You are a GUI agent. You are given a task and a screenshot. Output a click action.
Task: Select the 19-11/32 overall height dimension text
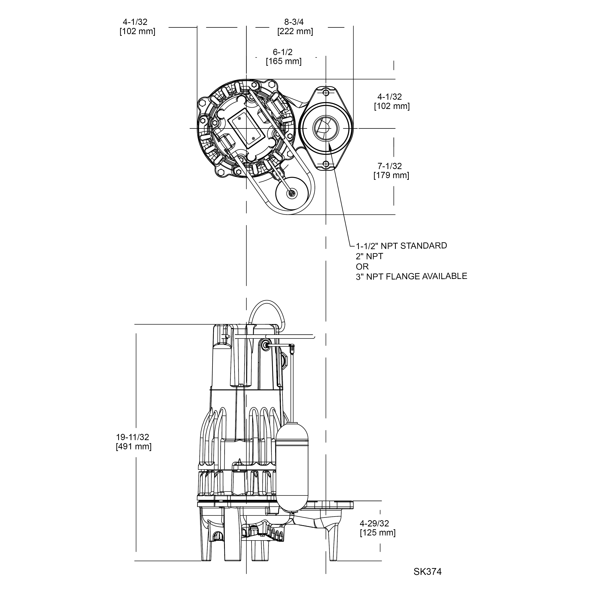click(x=133, y=437)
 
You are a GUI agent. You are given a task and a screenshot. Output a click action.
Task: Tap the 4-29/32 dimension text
click(x=374, y=523)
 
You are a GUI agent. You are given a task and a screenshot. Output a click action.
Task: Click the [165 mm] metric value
click(x=283, y=61)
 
